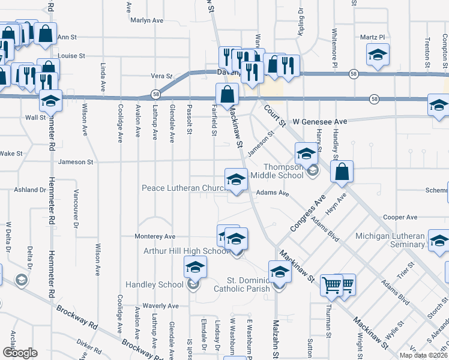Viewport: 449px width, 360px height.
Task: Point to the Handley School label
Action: pos(154,284)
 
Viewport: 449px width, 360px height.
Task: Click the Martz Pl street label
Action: pos(372,37)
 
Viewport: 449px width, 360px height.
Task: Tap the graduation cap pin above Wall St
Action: pos(50,101)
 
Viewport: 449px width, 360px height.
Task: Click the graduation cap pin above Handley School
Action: pos(195,267)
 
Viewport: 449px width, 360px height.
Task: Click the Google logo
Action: pos(20,352)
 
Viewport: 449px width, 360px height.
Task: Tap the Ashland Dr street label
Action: pos(30,190)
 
